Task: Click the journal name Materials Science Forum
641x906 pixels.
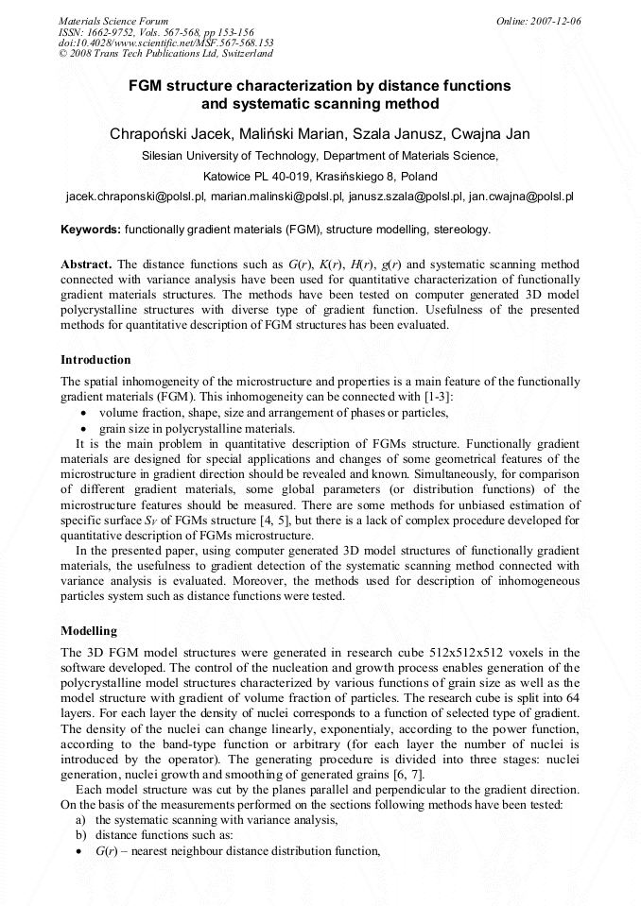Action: pyautogui.click(x=113, y=20)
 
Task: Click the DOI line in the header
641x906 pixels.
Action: pyautogui.click(x=165, y=43)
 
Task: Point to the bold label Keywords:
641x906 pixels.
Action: pyautogui.click(x=91, y=230)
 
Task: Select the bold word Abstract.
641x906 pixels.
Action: pyautogui.click(x=87, y=265)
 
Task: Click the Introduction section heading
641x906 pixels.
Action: pyautogui.click(x=95, y=360)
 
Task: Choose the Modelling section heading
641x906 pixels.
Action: pyautogui.click(x=89, y=630)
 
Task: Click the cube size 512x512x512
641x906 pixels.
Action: pyautogui.click(x=448, y=653)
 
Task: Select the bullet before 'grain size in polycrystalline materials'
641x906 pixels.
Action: pyautogui.click(x=86, y=428)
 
